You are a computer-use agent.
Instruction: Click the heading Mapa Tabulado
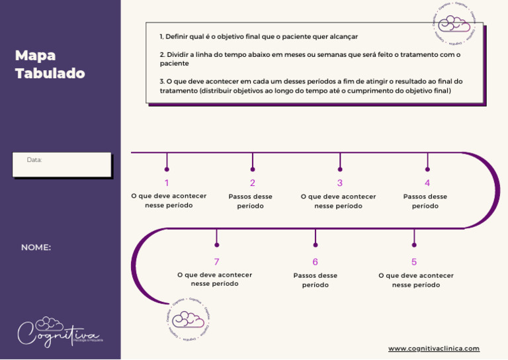pyautogui.click(x=50, y=64)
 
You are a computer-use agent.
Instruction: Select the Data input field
pyautogui.click(x=62, y=165)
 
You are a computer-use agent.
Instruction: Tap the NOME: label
pyautogui.click(x=36, y=247)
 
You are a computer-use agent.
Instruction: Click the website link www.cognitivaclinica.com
pyautogui.click(x=433, y=348)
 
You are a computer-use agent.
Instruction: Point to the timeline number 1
pyautogui.click(x=167, y=183)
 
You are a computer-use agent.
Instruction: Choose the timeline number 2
pyautogui.click(x=253, y=183)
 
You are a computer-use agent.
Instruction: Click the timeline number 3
pyautogui.click(x=340, y=183)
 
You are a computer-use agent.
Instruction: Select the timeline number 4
pyautogui.click(x=427, y=183)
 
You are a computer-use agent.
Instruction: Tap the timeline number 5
pyautogui.click(x=414, y=262)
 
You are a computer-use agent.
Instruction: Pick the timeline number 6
pyautogui.click(x=316, y=262)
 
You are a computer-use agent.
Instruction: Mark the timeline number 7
pyautogui.click(x=216, y=262)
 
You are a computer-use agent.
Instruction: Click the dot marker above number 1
pyautogui.click(x=167, y=169)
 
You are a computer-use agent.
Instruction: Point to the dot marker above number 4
pyautogui.click(x=427, y=169)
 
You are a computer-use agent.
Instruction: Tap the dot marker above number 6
pyautogui.click(x=316, y=245)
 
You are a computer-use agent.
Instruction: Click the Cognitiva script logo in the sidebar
pyautogui.click(x=60, y=331)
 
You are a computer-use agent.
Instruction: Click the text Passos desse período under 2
pyautogui.click(x=251, y=201)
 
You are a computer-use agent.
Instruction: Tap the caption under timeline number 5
pyautogui.click(x=416, y=280)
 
